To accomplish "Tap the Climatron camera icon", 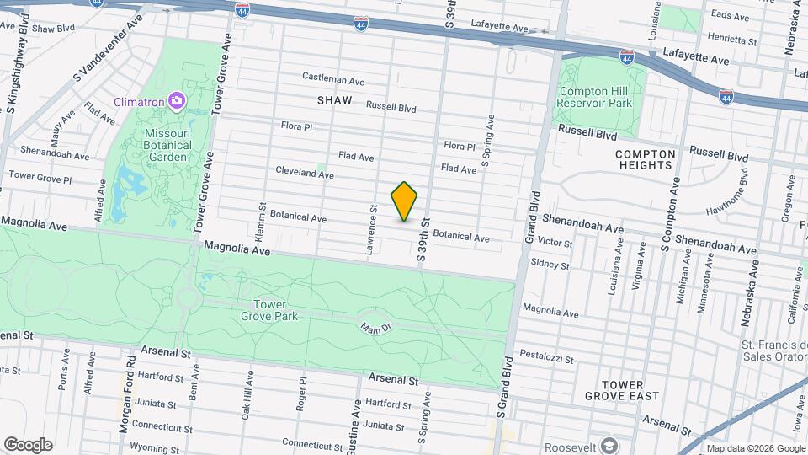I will click(x=176, y=101).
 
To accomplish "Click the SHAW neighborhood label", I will click(x=334, y=100).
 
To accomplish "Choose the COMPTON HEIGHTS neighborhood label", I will click(x=646, y=160).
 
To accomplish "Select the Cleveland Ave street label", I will click(x=305, y=172).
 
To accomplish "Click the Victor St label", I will click(x=555, y=243).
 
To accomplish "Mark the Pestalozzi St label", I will click(x=546, y=358).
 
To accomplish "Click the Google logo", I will click(x=28, y=444).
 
